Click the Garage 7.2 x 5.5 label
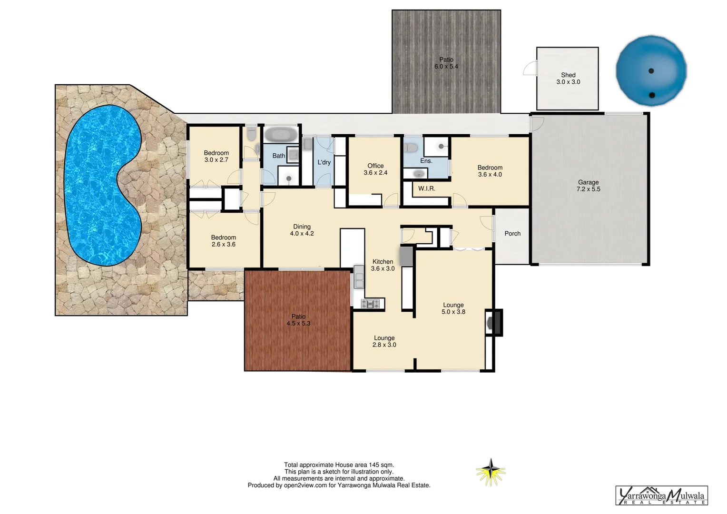[589, 186]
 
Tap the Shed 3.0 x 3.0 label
[568, 79]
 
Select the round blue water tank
[651, 69]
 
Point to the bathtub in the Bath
[281, 134]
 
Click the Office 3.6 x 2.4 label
[375, 169]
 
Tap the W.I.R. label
[426, 188]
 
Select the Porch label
[512, 234]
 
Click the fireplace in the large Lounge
[493, 323]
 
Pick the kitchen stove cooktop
[372, 303]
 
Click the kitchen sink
[358, 277]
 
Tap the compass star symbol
[491, 472]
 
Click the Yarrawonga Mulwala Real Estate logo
[662, 496]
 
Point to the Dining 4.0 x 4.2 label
[302, 230]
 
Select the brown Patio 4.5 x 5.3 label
[298, 320]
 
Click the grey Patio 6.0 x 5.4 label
[446, 63]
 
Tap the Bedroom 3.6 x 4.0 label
[490, 171]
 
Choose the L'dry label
[324, 162]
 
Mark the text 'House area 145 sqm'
[366, 465]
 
